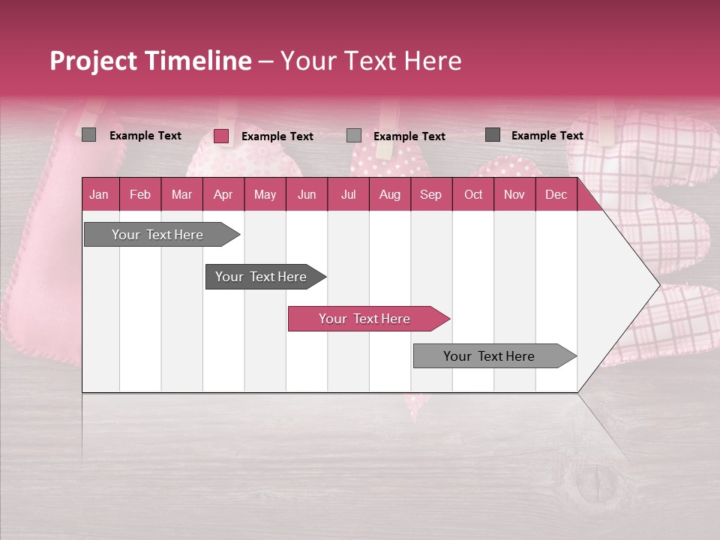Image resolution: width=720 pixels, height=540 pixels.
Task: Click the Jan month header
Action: [99, 195]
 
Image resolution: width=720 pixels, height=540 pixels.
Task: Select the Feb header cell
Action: [140, 195]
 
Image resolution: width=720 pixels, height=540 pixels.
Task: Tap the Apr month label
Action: [223, 195]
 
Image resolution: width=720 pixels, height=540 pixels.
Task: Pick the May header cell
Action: [265, 195]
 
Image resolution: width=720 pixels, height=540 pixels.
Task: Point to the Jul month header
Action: [348, 195]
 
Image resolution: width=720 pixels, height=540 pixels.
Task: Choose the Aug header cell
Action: [389, 195]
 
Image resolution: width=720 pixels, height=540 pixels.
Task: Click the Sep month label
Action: [430, 195]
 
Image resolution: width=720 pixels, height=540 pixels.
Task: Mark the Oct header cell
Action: [473, 195]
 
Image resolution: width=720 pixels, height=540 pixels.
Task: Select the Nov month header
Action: [514, 195]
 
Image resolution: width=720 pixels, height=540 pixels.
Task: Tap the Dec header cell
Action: [556, 195]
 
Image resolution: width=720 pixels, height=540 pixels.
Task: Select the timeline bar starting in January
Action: [158, 235]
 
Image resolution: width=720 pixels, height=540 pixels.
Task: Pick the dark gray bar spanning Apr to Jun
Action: [262, 277]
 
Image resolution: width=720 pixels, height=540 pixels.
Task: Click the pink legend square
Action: [221, 136]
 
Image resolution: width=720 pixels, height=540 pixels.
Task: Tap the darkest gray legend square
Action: [493, 135]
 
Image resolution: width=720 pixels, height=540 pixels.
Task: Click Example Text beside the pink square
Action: [277, 136]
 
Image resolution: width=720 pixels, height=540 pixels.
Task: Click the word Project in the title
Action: [92, 61]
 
